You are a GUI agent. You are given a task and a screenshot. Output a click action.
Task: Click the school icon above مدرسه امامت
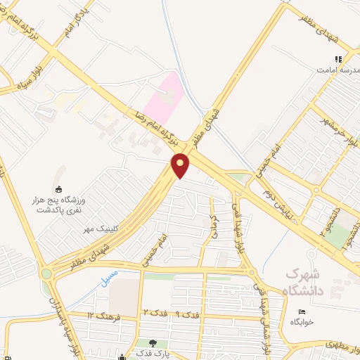(x=338, y=60)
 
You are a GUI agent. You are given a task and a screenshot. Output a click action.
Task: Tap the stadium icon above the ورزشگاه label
(x=58, y=188)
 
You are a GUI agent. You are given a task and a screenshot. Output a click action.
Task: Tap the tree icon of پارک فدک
(x=153, y=342)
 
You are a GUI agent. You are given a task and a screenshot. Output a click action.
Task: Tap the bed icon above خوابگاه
(x=302, y=311)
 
